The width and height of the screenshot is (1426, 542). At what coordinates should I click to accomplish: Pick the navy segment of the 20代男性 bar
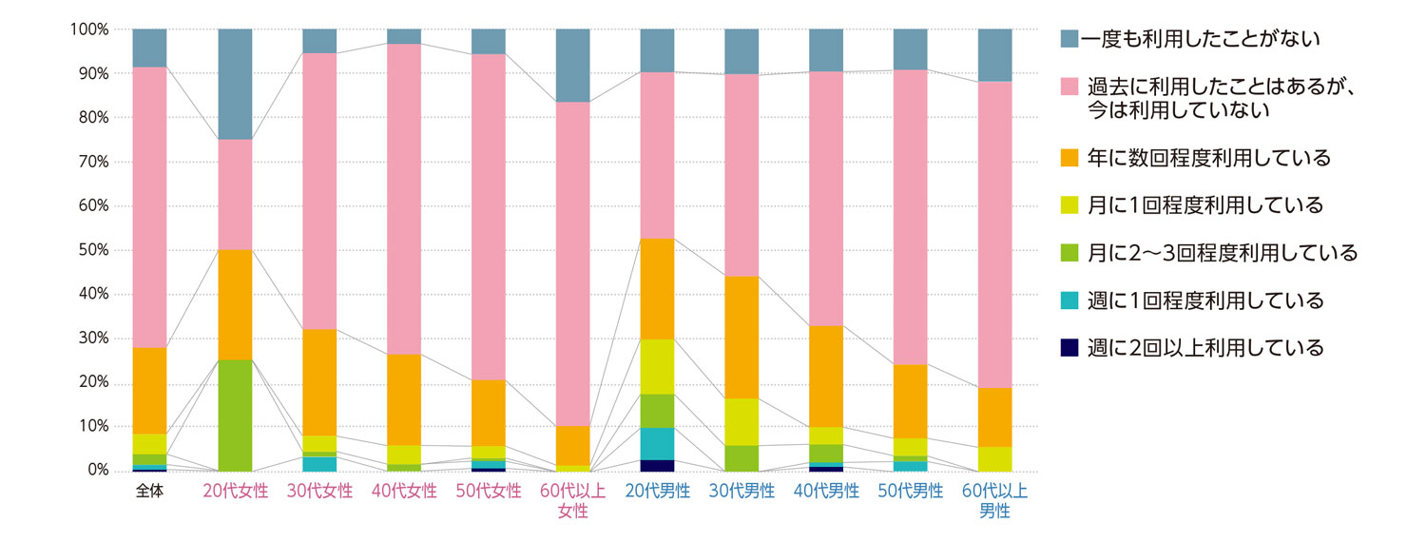click(x=657, y=465)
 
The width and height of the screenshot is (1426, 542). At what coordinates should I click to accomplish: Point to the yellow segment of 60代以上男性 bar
click(x=995, y=458)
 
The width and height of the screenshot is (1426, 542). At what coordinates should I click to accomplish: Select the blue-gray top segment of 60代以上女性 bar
click(x=572, y=65)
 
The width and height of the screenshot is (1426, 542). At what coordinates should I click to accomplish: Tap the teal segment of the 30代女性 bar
click(x=319, y=464)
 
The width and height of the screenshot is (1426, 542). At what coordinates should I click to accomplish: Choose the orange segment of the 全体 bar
click(x=149, y=391)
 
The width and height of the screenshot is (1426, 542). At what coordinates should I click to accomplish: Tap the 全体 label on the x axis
click(x=149, y=492)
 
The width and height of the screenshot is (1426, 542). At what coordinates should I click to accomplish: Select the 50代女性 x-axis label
click(x=489, y=492)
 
